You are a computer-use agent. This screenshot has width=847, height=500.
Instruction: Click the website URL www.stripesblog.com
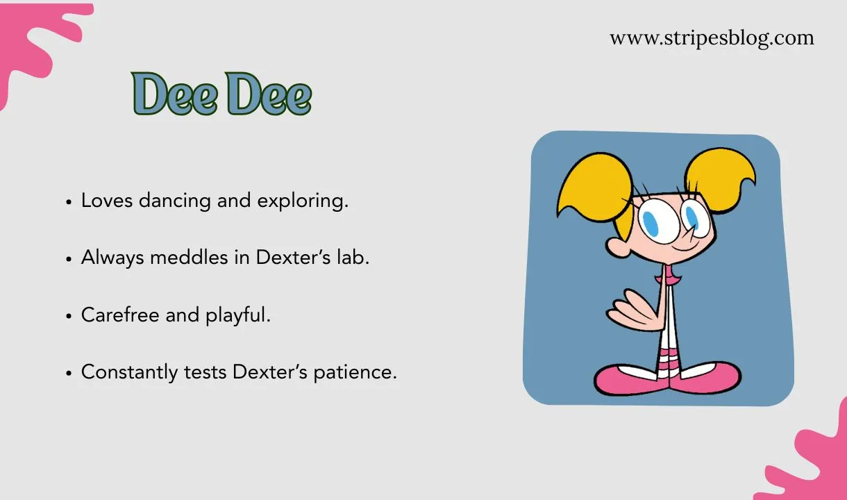coord(712,37)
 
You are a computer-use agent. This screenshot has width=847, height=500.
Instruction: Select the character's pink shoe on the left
coord(626,378)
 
